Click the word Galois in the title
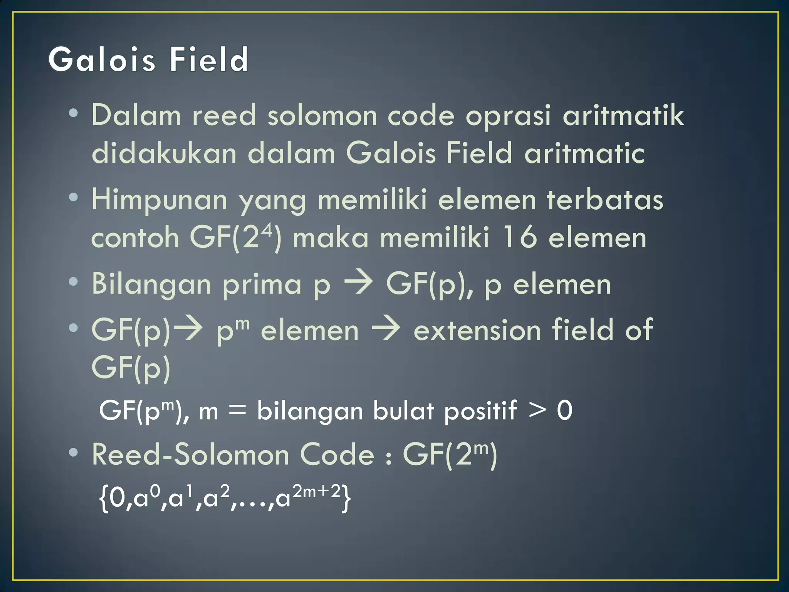(x=102, y=60)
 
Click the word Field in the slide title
(x=209, y=60)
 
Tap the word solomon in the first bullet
(x=322, y=116)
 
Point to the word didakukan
(x=164, y=153)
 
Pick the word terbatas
(x=605, y=200)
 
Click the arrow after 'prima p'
(x=358, y=283)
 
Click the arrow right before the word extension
(x=386, y=329)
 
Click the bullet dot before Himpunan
(x=73, y=198)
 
